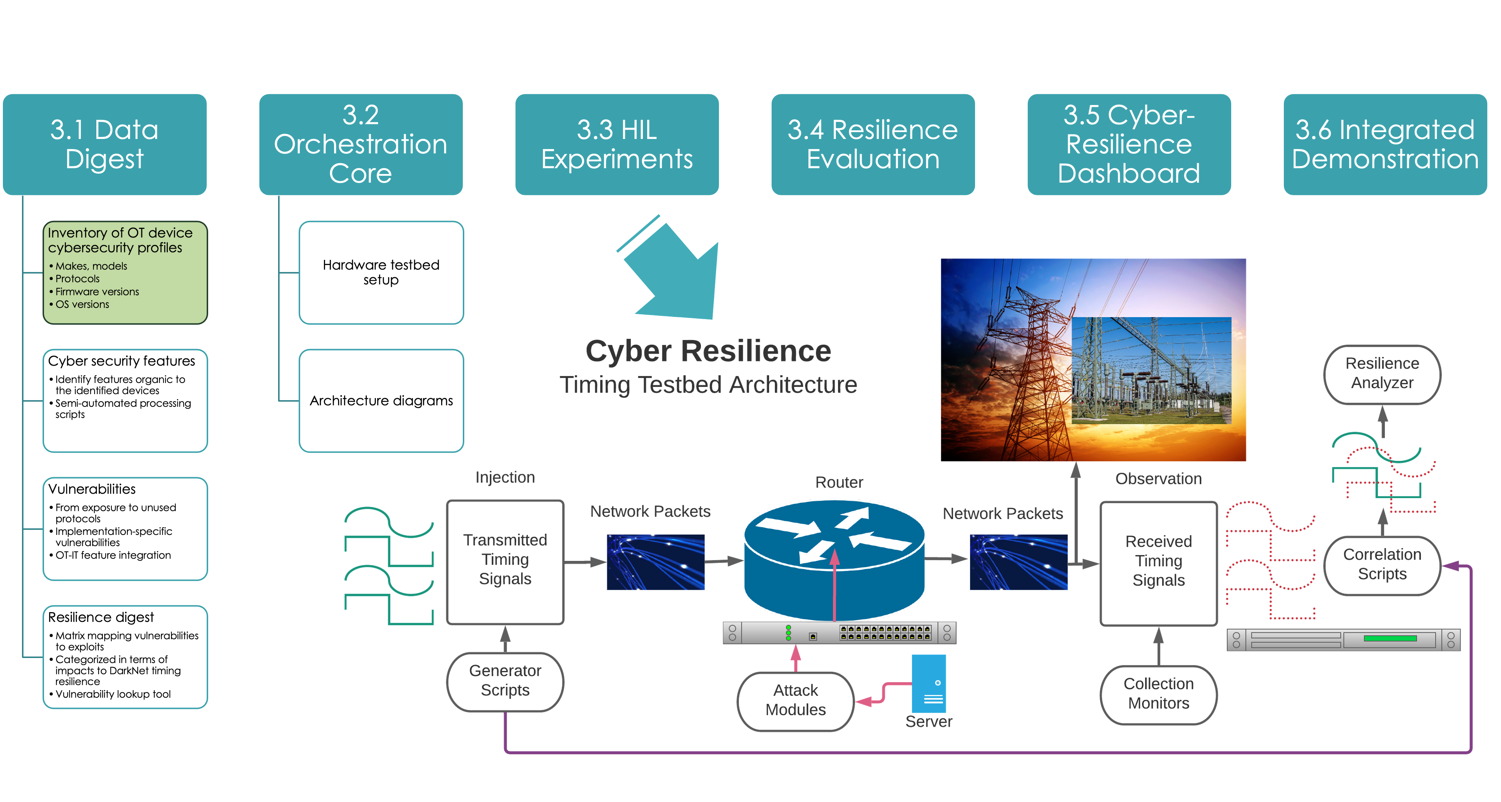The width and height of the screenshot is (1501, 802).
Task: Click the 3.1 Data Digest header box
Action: click(x=105, y=144)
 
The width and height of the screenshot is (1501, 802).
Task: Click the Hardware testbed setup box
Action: click(x=381, y=272)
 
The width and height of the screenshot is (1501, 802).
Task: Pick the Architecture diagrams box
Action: click(x=381, y=400)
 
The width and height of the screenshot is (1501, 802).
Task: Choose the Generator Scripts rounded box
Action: click(x=505, y=681)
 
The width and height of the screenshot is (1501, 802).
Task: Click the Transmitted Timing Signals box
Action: click(x=505, y=559)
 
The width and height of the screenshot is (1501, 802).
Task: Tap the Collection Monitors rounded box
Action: click(x=1158, y=694)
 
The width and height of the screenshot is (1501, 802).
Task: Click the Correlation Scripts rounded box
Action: click(x=1382, y=564)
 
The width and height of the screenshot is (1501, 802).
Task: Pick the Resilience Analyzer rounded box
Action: click(x=1382, y=373)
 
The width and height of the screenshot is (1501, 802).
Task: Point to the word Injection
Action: click(x=505, y=478)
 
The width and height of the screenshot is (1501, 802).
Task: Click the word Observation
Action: click(x=1158, y=479)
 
